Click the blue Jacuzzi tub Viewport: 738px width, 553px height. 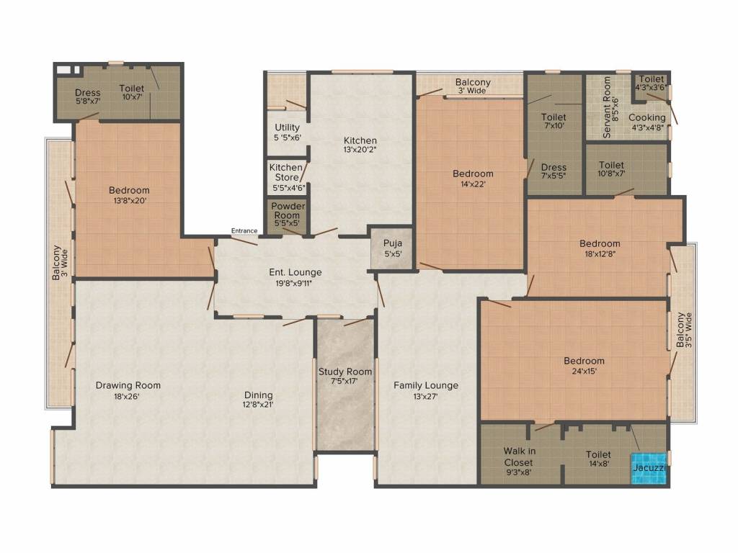coord(649,468)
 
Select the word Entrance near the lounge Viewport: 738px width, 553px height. coord(244,230)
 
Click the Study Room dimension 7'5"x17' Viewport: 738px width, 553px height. coord(345,382)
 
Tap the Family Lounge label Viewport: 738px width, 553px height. coord(425,385)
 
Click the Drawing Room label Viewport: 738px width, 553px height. coord(128,385)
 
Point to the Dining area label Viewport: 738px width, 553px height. coord(258,395)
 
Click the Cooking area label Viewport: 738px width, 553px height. coord(646,117)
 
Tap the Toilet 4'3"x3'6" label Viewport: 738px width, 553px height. coord(652,83)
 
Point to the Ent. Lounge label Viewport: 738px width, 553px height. coord(295,272)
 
